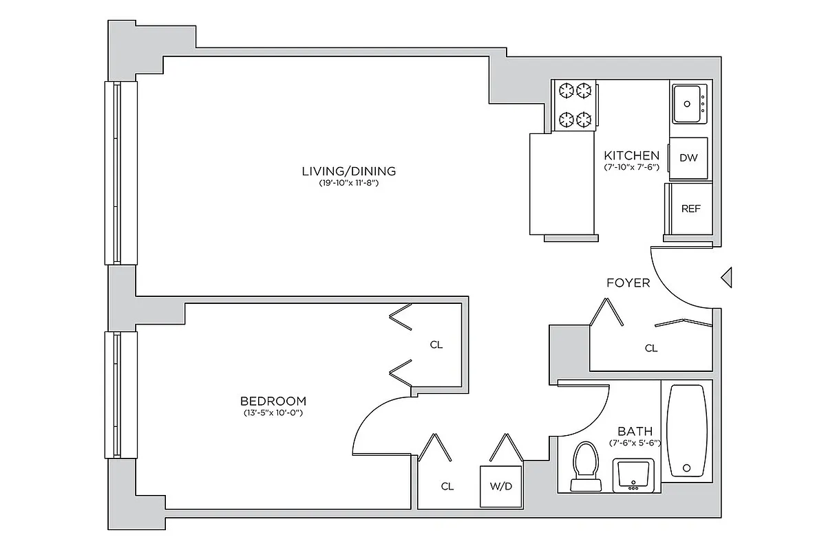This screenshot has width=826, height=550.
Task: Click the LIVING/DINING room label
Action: click(x=349, y=171)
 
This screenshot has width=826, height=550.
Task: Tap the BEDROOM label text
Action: click(x=273, y=401)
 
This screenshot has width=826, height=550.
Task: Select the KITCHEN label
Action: click(x=631, y=155)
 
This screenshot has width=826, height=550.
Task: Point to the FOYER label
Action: click(x=628, y=283)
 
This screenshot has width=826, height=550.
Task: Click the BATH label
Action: click(x=635, y=431)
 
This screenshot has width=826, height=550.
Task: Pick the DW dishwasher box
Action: click(x=688, y=158)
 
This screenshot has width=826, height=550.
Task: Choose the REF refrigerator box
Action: click(x=690, y=209)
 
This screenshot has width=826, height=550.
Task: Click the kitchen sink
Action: click(x=690, y=104)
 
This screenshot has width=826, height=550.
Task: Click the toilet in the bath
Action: click(x=587, y=465)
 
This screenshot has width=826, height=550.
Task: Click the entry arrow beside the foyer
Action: click(x=726, y=278)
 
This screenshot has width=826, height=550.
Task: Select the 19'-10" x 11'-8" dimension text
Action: click(x=349, y=184)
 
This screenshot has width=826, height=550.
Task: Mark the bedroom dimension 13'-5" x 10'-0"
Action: click(x=273, y=413)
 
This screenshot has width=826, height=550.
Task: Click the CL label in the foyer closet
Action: click(x=650, y=349)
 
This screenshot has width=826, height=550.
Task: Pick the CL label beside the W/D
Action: click(x=447, y=487)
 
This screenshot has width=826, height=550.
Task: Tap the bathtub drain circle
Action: click(x=686, y=468)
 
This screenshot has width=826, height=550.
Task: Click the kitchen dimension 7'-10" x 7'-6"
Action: click(x=631, y=167)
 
